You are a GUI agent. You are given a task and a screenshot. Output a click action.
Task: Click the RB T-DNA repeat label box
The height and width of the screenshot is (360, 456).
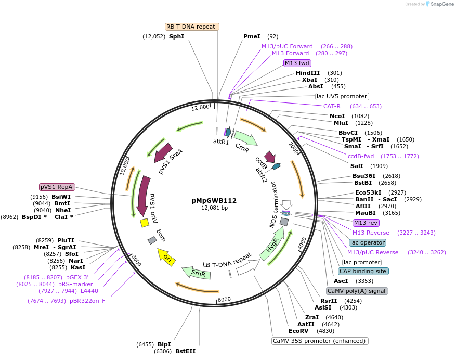(192, 27)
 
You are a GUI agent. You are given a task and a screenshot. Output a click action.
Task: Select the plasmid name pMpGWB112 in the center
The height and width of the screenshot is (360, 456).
(214, 200)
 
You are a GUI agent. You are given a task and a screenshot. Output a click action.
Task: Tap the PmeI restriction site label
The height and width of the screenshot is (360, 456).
(252, 36)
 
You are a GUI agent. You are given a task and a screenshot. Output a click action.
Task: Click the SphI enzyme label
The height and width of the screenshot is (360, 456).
(176, 36)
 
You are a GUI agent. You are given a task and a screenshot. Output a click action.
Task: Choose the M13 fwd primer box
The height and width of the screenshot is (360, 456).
(297, 63)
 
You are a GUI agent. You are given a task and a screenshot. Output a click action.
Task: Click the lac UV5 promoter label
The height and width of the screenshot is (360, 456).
(342, 96)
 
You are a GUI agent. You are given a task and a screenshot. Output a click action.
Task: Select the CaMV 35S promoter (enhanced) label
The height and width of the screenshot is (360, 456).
(320, 341)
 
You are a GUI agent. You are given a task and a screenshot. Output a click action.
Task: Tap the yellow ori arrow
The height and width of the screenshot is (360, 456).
(166, 256)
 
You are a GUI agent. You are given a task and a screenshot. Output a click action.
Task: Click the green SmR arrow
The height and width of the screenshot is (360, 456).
(196, 273)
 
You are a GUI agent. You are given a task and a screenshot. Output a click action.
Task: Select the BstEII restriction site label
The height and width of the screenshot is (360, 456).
(186, 352)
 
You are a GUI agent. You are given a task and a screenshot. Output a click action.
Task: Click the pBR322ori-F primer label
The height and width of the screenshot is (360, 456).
(87, 301)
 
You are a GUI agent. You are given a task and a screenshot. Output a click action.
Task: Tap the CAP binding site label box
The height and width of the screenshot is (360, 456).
(363, 271)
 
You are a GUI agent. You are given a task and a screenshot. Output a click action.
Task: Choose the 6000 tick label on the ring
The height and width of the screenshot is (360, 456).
(224, 299)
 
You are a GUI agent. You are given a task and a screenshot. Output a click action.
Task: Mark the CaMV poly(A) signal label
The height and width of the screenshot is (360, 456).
(357, 291)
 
